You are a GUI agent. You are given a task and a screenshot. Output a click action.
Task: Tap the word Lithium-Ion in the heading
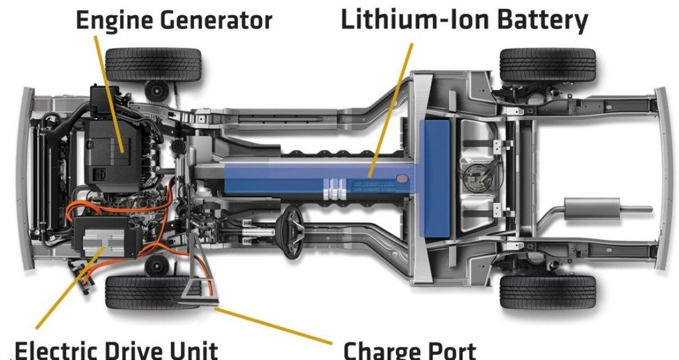coord(414,19)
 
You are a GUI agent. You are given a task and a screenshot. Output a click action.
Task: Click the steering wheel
coord(292,231)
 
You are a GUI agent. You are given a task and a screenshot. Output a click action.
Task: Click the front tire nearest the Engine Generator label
coord(153,64)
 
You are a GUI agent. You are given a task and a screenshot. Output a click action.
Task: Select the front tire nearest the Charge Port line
coord(152,292)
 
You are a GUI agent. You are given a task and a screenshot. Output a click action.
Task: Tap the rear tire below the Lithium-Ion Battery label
coord(548,65)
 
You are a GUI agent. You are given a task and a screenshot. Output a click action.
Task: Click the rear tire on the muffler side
coord(548,292)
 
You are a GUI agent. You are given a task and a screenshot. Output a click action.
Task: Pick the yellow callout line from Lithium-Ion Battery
coord(390,110)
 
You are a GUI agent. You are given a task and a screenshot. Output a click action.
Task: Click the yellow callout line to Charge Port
coord(273,326)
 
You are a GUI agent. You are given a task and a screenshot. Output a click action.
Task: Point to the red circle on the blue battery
coord(401,178)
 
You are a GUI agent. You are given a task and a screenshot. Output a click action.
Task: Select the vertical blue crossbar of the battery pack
coord(435,178)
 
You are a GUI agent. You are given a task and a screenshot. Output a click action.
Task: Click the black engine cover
coord(111,149)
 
